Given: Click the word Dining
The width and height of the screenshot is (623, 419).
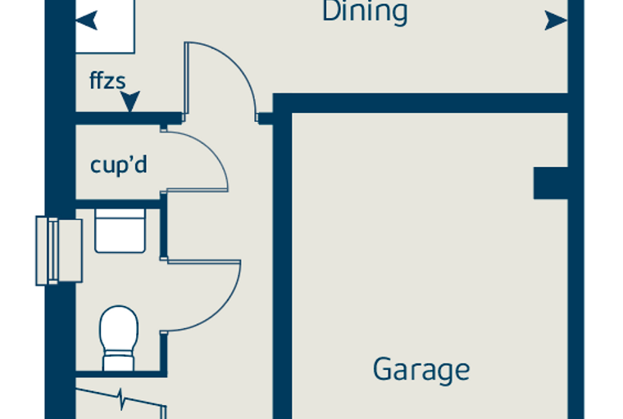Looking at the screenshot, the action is pos(365,11).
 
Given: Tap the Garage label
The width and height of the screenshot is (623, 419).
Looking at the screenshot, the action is pos(421,370).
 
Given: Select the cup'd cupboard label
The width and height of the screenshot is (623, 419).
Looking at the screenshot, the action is pos(118,164).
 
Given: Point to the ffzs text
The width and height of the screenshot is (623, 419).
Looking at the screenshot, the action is pos(107,80).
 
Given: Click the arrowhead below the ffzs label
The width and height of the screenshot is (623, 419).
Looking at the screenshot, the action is pos(130,101).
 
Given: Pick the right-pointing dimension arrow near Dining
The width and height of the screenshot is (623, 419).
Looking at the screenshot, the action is pos(556,20).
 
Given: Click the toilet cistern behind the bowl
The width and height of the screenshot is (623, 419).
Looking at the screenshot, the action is pos(118,361).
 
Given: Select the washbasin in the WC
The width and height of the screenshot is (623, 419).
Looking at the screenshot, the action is pos(120,231).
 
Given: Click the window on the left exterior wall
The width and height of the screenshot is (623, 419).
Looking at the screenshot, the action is pos(59,250).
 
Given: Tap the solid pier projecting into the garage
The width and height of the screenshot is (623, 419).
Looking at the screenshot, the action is pos(550,183).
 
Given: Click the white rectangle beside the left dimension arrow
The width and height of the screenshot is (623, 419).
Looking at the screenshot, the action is pos(105,26).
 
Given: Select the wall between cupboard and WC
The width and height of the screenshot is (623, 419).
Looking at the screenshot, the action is pos(118,205).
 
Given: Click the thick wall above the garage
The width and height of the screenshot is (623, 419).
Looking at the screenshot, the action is pos(421,103).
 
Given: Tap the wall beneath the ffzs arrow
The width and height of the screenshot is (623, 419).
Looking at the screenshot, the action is pos(129,118).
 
